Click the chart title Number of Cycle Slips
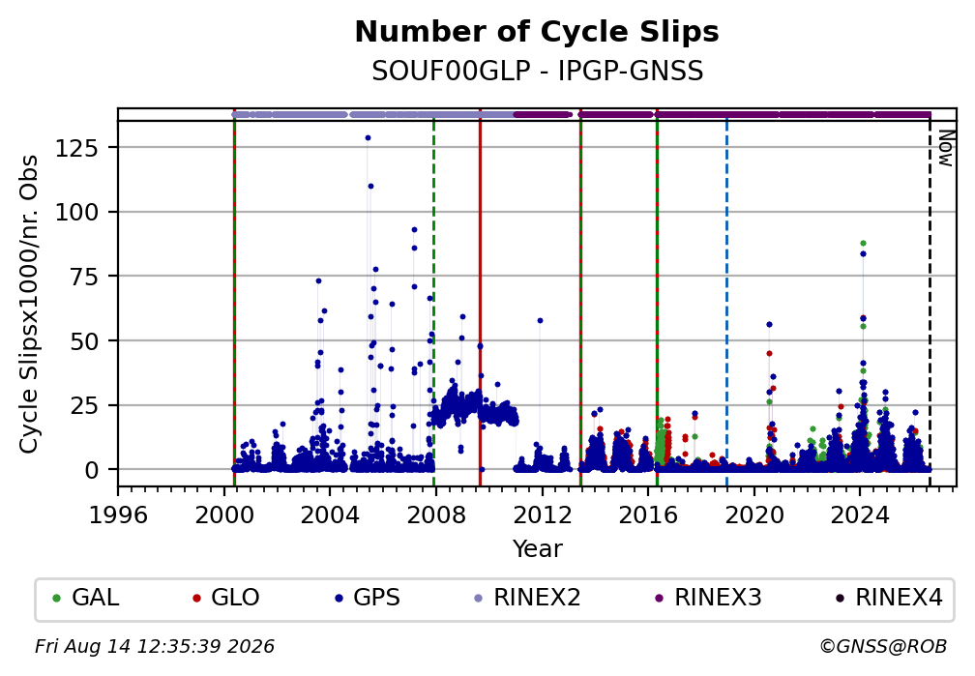[x=537, y=32]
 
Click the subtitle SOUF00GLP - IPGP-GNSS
[x=537, y=71]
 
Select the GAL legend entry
[x=86, y=598]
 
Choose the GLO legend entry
[x=226, y=598]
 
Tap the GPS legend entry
[x=368, y=598]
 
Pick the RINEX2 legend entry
[x=527, y=598]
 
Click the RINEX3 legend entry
[x=708, y=598]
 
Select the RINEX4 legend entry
[x=889, y=598]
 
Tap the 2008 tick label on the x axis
[x=435, y=514]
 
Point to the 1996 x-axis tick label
[x=118, y=514]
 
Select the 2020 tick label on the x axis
[x=753, y=514]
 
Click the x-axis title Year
[x=537, y=549]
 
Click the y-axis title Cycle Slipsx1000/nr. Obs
[x=29, y=305]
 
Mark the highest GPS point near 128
[x=368, y=138]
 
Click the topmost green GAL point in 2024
[x=863, y=243]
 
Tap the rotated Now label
[x=946, y=148]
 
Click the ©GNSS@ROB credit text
[x=883, y=647]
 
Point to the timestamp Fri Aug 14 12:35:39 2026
[x=154, y=647]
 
